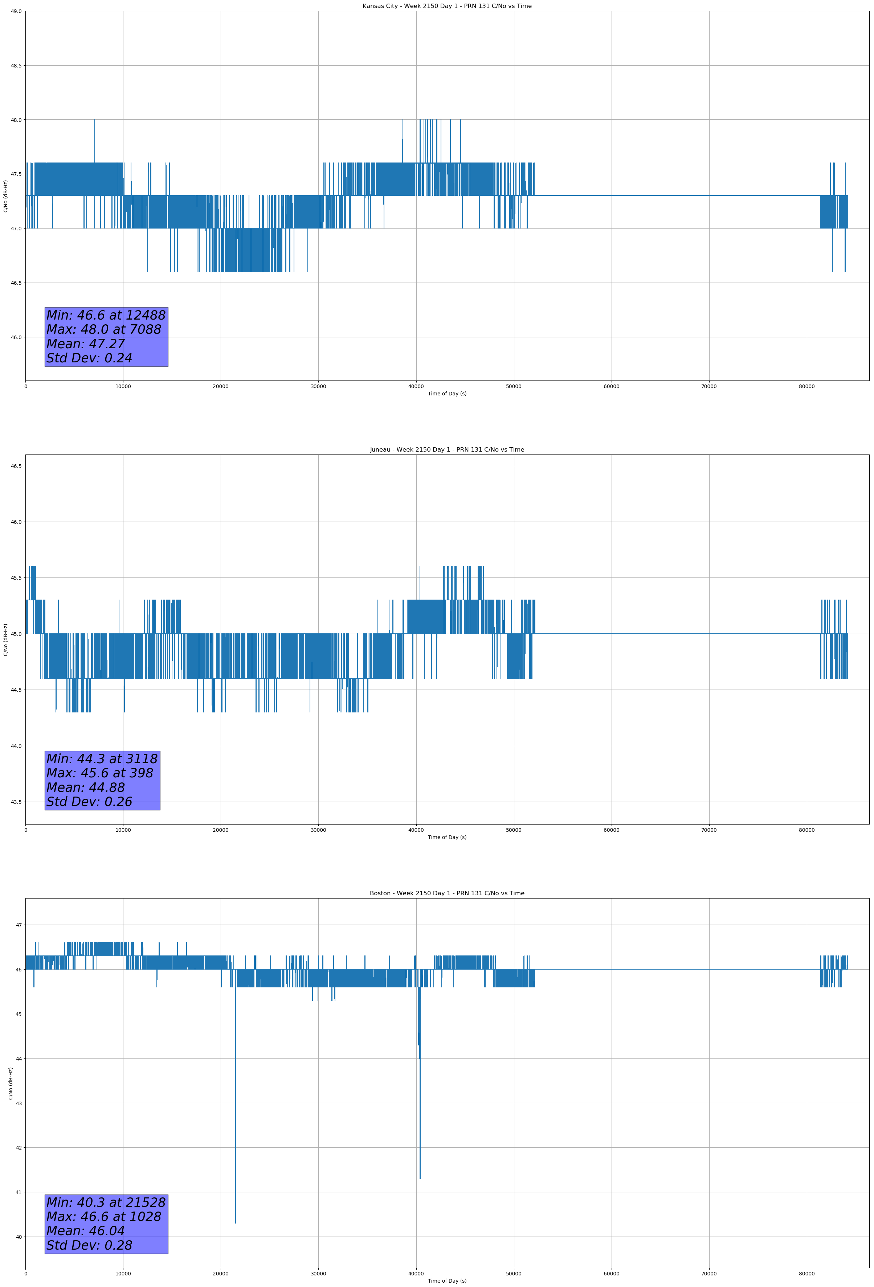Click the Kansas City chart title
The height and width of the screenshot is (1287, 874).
[447, 6]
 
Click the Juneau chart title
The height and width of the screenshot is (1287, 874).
[447, 450]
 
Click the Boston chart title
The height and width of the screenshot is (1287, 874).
[447, 893]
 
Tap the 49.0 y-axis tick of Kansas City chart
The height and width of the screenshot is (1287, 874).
[16, 11]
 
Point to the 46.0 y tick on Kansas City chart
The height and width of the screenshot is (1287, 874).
[16, 337]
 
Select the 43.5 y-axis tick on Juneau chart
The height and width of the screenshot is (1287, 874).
[16, 802]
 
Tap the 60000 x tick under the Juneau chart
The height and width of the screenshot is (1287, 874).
[611, 830]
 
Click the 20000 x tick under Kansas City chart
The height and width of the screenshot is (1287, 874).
[221, 387]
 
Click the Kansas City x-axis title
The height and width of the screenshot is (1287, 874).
[447, 394]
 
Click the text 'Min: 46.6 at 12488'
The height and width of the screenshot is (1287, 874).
[106, 316]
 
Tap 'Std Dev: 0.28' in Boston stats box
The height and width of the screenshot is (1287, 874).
[89, 1245]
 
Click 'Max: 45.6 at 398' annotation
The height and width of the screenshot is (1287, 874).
[100, 773]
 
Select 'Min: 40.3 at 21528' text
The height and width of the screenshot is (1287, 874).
[106, 1202]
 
